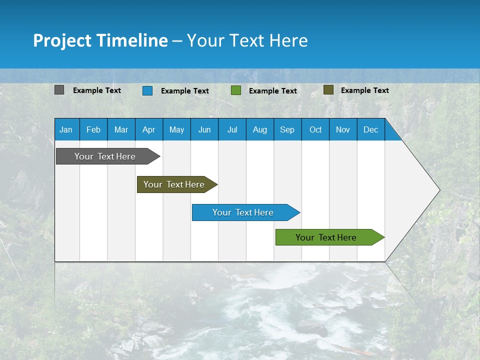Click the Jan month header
66,130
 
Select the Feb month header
93,130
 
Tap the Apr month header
149,130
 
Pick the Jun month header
204,130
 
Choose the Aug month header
260,130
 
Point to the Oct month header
315,130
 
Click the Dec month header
370,130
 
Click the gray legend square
59,90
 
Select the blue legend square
147,90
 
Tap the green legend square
236,90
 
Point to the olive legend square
328,90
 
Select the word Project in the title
62,40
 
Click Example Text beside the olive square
364,90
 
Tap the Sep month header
287,130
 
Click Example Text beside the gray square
97,90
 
